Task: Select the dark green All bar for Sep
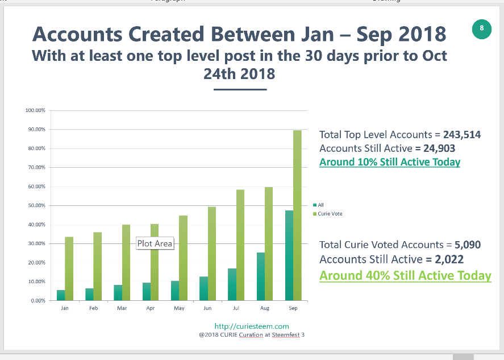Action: [289, 255]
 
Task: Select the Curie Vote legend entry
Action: [329, 214]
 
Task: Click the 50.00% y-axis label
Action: [36, 205]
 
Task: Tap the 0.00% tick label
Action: [38, 300]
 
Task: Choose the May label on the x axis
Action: [179, 308]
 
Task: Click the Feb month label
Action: [93, 308]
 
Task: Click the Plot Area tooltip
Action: [155, 243]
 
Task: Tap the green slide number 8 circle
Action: [482, 28]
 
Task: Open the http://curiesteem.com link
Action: [252, 326]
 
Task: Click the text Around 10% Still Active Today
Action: [389, 162]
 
